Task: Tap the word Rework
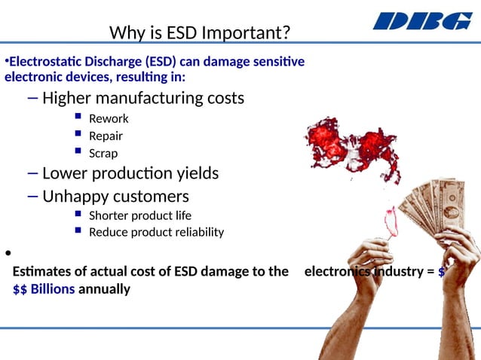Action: coord(109,118)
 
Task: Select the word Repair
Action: coord(106,136)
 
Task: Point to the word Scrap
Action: coord(103,154)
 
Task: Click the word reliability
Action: coord(198,232)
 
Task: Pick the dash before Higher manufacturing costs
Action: coord(31,98)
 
